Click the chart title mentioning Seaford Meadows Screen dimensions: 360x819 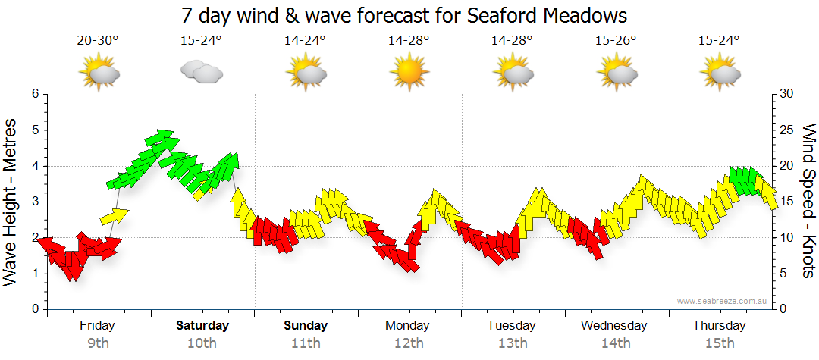coord(405,15)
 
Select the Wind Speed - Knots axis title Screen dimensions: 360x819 coord(807,201)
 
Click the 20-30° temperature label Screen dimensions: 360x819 coord(98,41)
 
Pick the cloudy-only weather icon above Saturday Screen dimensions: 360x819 coord(201,73)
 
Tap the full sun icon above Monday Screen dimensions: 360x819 coord(408,73)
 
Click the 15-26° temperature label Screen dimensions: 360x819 coord(616,41)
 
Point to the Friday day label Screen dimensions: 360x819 coord(97,326)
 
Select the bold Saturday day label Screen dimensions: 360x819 coord(202,326)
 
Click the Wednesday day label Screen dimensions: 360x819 coord(614,326)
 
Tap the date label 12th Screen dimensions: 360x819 coord(409,343)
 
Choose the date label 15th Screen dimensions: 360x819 coord(720,343)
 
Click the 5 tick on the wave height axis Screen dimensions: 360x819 coord(34,130)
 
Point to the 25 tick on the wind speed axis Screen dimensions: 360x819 coord(786,130)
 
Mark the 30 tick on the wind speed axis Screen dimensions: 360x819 coord(786,94)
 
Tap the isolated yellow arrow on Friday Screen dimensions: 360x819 coord(115,217)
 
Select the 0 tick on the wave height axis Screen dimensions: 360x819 coord(34,310)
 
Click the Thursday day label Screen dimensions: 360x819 coord(719,326)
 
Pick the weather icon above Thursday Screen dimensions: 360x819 coord(720,73)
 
